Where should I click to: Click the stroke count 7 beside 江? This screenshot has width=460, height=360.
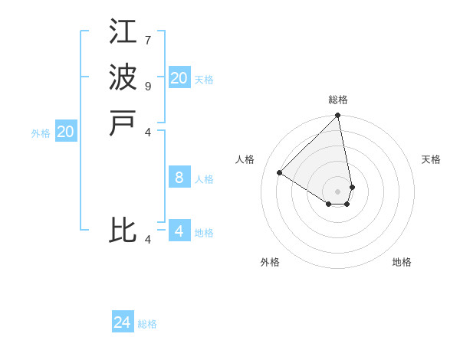(147, 40)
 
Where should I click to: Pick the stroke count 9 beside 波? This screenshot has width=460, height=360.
(147, 86)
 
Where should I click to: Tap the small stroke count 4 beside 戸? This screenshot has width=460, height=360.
(148, 132)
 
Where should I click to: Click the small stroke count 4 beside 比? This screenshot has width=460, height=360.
(148, 240)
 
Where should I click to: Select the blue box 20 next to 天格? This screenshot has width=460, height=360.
(179, 77)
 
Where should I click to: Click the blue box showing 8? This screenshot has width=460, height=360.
(179, 178)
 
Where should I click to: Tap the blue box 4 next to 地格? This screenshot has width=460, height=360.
(179, 231)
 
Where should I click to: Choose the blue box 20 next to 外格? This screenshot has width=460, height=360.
(66, 132)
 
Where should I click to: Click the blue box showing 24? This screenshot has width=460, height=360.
(123, 322)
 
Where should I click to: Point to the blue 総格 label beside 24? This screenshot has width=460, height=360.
(147, 324)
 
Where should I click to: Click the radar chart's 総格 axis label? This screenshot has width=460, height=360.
(338, 100)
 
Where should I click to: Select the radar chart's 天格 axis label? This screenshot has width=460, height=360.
(431, 159)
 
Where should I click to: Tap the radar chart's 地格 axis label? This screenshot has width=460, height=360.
(402, 262)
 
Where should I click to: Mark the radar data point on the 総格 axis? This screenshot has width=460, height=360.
(337, 116)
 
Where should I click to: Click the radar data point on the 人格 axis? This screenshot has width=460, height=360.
(280, 173)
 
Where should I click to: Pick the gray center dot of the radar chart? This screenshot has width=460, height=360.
(337, 191)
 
